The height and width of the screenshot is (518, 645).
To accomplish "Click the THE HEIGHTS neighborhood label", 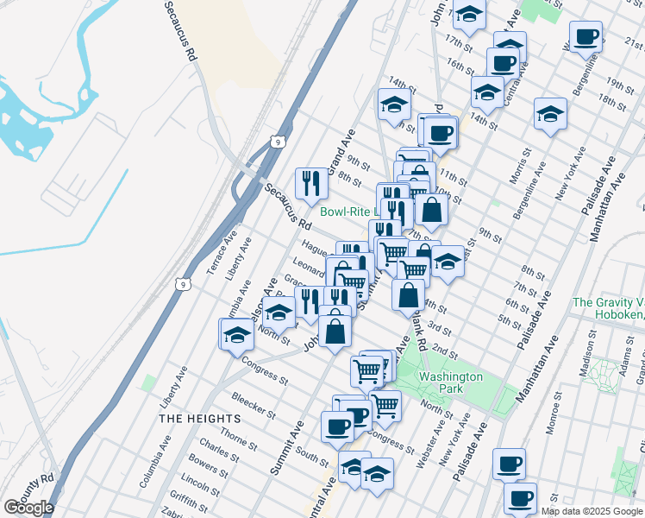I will [194, 418].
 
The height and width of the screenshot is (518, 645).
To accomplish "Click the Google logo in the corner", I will [28, 508].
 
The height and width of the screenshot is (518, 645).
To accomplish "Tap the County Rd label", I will [36, 491].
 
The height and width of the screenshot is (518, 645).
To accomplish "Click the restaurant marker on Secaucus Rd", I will [311, 182].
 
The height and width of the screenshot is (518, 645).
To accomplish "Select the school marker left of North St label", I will [235, 335].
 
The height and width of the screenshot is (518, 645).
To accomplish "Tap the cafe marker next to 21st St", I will [586, 36].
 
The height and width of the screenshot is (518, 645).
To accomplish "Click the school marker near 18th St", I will [549, 114].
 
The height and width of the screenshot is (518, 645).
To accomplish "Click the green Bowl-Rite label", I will [346, 211].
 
